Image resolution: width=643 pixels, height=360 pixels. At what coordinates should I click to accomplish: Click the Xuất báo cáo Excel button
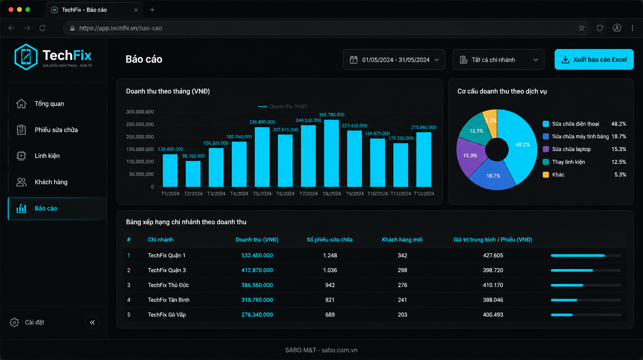point(594,59)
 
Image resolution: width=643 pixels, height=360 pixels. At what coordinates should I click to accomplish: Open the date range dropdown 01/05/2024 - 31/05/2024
point(394,59)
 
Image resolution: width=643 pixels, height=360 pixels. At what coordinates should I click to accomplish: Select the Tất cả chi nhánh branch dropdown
point(499,59)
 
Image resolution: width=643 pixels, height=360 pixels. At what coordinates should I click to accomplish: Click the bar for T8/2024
point(331,153)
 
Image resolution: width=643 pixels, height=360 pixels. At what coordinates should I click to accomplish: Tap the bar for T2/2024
point(193,174)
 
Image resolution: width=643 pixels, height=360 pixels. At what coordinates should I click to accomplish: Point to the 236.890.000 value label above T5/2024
point(262,122)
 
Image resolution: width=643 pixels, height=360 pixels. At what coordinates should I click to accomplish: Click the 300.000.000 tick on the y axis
point(140,112)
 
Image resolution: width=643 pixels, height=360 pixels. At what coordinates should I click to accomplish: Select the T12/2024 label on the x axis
point(424,194)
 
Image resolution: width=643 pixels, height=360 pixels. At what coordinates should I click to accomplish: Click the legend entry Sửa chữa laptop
point(571,149)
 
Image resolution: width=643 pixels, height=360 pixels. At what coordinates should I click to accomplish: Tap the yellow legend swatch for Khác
point(546,175)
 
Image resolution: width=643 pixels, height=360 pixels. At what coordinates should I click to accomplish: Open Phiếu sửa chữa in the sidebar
point(56,130)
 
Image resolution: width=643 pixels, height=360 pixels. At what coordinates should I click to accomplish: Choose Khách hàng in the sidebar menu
point(51,182)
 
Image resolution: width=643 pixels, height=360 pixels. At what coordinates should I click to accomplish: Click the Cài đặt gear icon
point(14,322)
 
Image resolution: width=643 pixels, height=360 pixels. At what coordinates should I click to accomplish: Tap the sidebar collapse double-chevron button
point(92,322)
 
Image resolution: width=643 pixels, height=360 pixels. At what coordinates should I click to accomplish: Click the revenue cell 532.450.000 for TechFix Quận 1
point(257,256)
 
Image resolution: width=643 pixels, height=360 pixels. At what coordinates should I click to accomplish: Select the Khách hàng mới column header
point(402,240)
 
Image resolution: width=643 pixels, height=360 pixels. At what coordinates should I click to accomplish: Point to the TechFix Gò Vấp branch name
point(167,315)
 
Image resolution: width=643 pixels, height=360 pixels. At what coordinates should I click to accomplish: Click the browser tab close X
point(136,10)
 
